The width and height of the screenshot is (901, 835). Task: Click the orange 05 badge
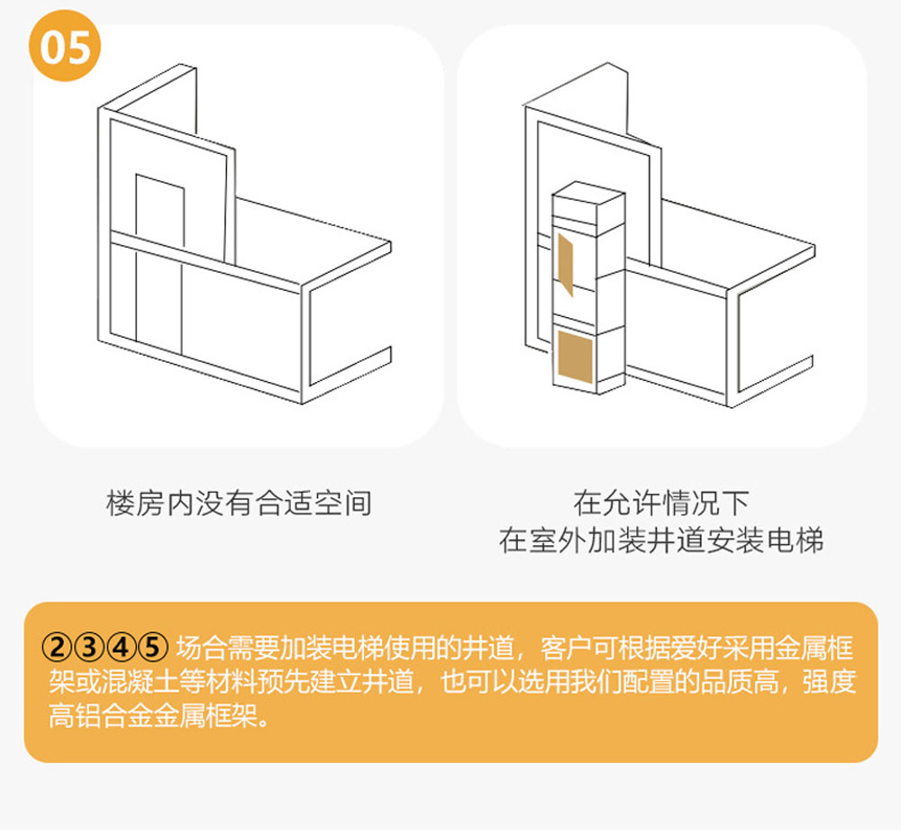tap(65, 46)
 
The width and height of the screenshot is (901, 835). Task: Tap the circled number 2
tap(58, 648)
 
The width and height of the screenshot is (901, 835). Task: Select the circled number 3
tap(89, 648)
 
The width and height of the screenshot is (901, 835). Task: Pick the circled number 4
tap(121, 648)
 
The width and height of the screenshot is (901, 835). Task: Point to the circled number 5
tap(152, 648)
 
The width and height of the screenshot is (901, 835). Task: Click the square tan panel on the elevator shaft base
tap(575, 357)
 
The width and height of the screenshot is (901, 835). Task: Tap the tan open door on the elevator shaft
tap(566, 264)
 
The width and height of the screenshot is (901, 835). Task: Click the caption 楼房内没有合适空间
tap(239, 504)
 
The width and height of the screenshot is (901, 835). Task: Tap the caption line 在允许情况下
tap(661, 503)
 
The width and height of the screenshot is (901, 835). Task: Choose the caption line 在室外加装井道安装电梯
tap(661, 540)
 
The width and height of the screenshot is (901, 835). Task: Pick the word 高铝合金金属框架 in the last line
tap(153, 716)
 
